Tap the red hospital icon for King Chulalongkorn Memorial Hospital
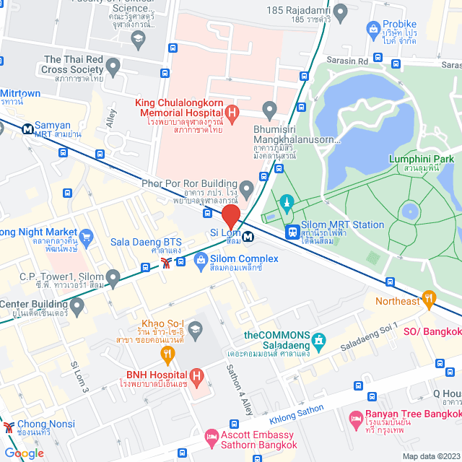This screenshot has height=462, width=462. tap(232, 113)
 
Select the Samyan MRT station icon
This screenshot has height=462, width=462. tap(27, 130)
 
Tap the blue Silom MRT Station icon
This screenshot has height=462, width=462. tap(292, 232)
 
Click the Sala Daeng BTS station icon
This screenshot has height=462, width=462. tap(167, 262)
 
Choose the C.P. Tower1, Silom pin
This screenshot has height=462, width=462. tap(113, 276)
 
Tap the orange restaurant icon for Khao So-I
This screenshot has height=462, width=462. tap(168, 354)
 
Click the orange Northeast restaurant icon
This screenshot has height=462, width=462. tap(430, 297)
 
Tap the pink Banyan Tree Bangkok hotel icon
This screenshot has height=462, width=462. tap(355, 419)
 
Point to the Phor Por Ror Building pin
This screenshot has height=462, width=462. tap(247, 191)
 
